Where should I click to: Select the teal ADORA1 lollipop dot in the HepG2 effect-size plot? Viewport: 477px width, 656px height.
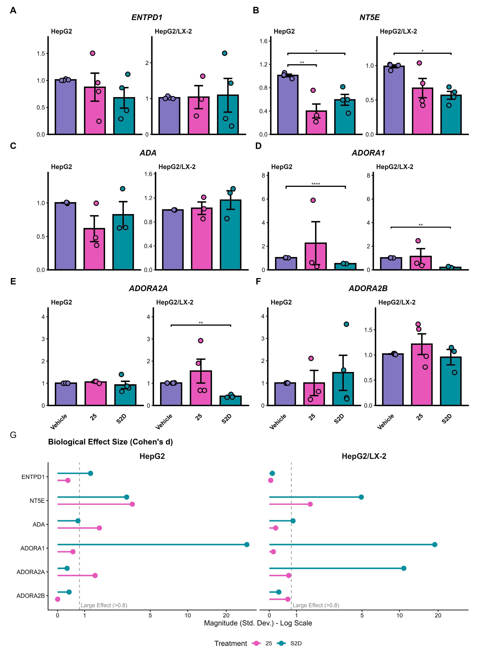(247, 545)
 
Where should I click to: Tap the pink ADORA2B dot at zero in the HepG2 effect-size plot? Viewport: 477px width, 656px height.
(58, 599)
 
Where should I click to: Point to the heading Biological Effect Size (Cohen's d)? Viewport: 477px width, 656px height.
(110, 442)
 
